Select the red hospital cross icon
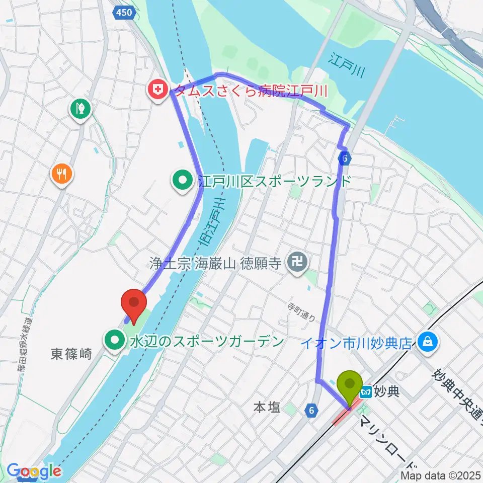(158, 91)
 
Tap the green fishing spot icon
(80, 107)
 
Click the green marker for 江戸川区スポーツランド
(182, 180)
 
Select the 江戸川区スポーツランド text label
(274, 181)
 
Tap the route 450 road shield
(123, 12)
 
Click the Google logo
(34, 471)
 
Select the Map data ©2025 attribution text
(441, 475)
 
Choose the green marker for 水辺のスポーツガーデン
(115, 341)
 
